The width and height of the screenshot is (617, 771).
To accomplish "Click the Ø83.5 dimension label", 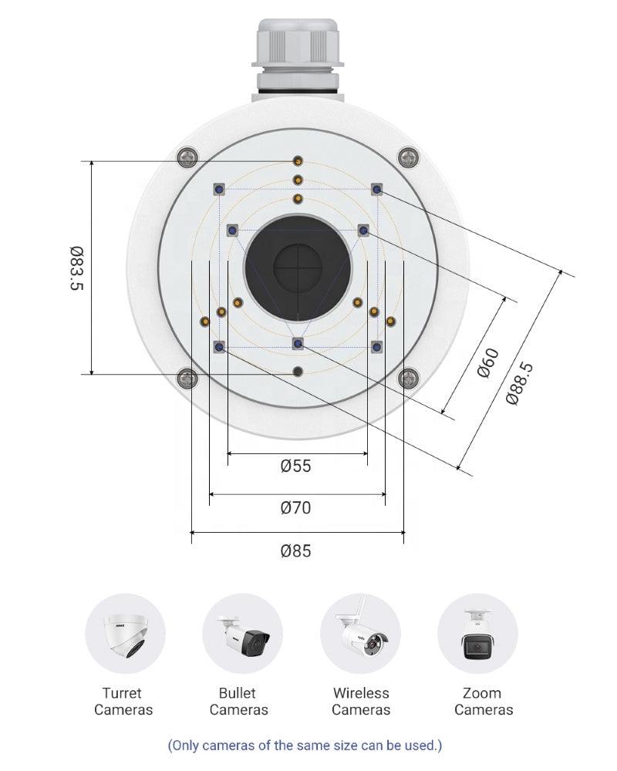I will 76,268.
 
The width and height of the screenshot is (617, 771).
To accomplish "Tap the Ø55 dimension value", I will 296,466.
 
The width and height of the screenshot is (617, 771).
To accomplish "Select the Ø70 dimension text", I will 296,508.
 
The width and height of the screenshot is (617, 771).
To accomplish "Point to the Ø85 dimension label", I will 296,551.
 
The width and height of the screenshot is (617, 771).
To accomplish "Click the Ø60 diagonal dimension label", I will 488,362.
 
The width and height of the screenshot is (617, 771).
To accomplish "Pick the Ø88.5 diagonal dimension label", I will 519,383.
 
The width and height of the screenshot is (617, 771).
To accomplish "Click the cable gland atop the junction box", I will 297,50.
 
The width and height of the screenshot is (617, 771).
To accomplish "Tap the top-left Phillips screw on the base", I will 186,158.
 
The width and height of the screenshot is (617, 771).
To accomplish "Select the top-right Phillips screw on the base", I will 408,158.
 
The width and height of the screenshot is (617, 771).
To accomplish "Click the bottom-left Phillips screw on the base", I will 186,378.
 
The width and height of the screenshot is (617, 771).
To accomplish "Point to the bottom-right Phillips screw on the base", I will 408,378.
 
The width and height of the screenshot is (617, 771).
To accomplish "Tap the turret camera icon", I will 125,634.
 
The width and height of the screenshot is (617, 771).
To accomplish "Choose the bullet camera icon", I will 242,634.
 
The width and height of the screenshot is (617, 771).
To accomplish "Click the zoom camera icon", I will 478,634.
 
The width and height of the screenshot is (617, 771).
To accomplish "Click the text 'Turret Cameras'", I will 123,702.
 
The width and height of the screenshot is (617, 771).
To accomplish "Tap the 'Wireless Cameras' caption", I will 361,702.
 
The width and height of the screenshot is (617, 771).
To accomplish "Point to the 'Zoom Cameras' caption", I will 483,702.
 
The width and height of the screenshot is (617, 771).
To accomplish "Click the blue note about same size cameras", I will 305,746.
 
